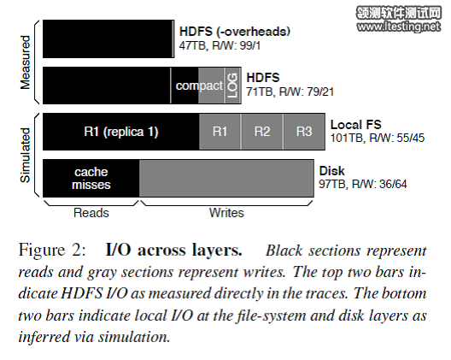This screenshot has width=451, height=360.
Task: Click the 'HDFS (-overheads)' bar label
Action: pyautogui.click(x=235, y=32)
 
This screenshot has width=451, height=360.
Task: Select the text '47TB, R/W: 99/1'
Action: pyautogui.click(x=220, y=46)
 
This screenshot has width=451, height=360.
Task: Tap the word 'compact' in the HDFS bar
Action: pyautogui.click(x=199, y=86)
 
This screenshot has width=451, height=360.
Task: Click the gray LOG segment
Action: pyautogui.click(x=232, y=86)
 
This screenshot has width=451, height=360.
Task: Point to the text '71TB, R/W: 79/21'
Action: pyautogui.click(x=290, y=91)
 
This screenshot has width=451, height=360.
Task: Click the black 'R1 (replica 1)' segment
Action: pyautogui.click(x=121, y=132)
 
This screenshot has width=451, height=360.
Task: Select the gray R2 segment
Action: pyautogui.click(x=262, y=132)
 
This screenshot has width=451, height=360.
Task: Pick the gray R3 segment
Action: pyautogui.click(x=304, y=132)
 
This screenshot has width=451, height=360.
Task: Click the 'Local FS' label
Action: pyautogui.click(x=356, y=125)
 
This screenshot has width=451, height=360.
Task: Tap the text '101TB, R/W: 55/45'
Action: pyautogui.click(x=378, y=138)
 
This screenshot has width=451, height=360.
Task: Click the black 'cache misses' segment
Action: pyautogui.click(x=91, y=178)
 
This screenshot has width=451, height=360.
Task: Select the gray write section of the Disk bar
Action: pyautogui.click(x=226, y=178)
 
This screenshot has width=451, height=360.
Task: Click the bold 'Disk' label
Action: pyautogui.click(x=332, y=171)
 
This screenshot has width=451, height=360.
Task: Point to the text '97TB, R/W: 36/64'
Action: pyautogui.click(x=363, y=184)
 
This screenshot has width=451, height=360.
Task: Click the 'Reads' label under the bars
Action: pyautogui.click(x=91, y=213)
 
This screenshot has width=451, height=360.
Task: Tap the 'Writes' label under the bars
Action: pyautogui.click(x=226, y=213)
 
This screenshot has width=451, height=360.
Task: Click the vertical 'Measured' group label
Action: pyautogui.click(x=26, y=62)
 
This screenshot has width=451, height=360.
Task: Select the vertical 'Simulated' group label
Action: pyautogui.click(x=26, y=156)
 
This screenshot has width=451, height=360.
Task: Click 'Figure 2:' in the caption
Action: pyautogui.click(x=52, y=250)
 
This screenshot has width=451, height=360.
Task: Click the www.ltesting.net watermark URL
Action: pyautogui.click(x=399, y=27)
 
